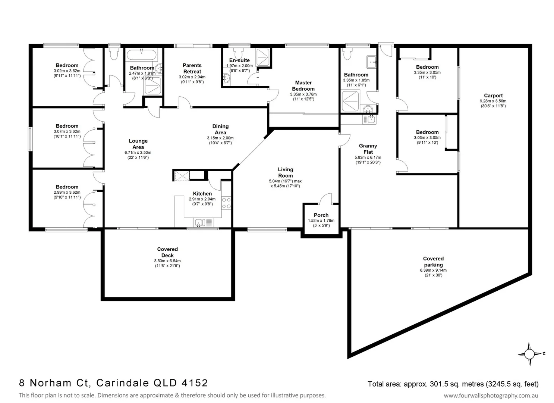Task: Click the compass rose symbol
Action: pos(529,353)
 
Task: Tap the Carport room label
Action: pos(493,96)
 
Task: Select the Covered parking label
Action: pos(433,262)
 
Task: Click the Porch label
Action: pos(321,215)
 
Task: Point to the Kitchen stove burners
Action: pos(226,203)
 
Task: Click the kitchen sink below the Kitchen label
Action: pos(199,223)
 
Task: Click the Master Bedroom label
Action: pos(303,86)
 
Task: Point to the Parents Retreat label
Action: pos(192,68)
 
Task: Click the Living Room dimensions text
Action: pos(285,184)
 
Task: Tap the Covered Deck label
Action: pos(167,252)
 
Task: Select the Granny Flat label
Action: pos(368,149)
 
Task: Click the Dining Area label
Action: pos(220,129)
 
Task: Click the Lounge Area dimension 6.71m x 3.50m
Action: pos(138,153)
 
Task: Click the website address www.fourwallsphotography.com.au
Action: pos(491,396)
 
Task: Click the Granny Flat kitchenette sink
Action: pos(371,119)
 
